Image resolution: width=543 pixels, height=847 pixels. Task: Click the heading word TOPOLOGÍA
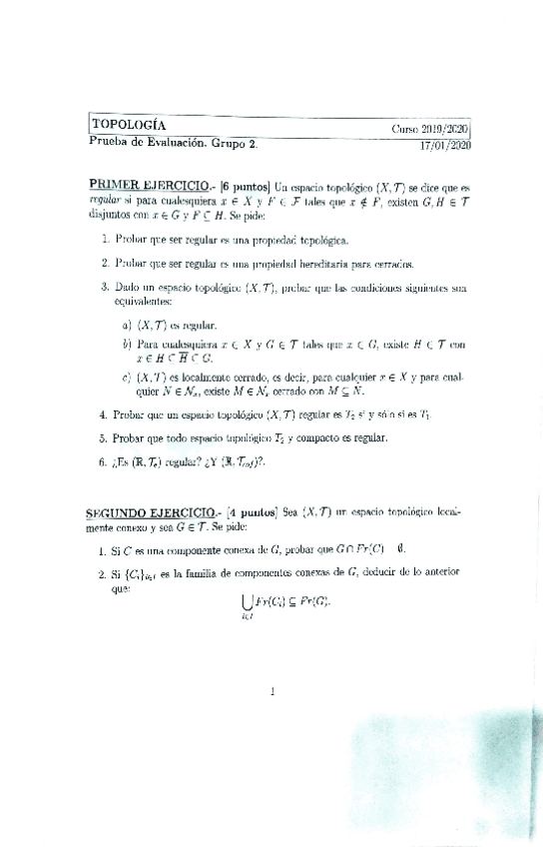(x=129, y=125)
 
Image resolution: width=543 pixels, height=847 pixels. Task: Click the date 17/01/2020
(x=445, y=145)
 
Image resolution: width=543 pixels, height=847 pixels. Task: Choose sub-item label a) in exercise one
(x=127, y=325)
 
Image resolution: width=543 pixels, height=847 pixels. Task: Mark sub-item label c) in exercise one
(x=127, y=378)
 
